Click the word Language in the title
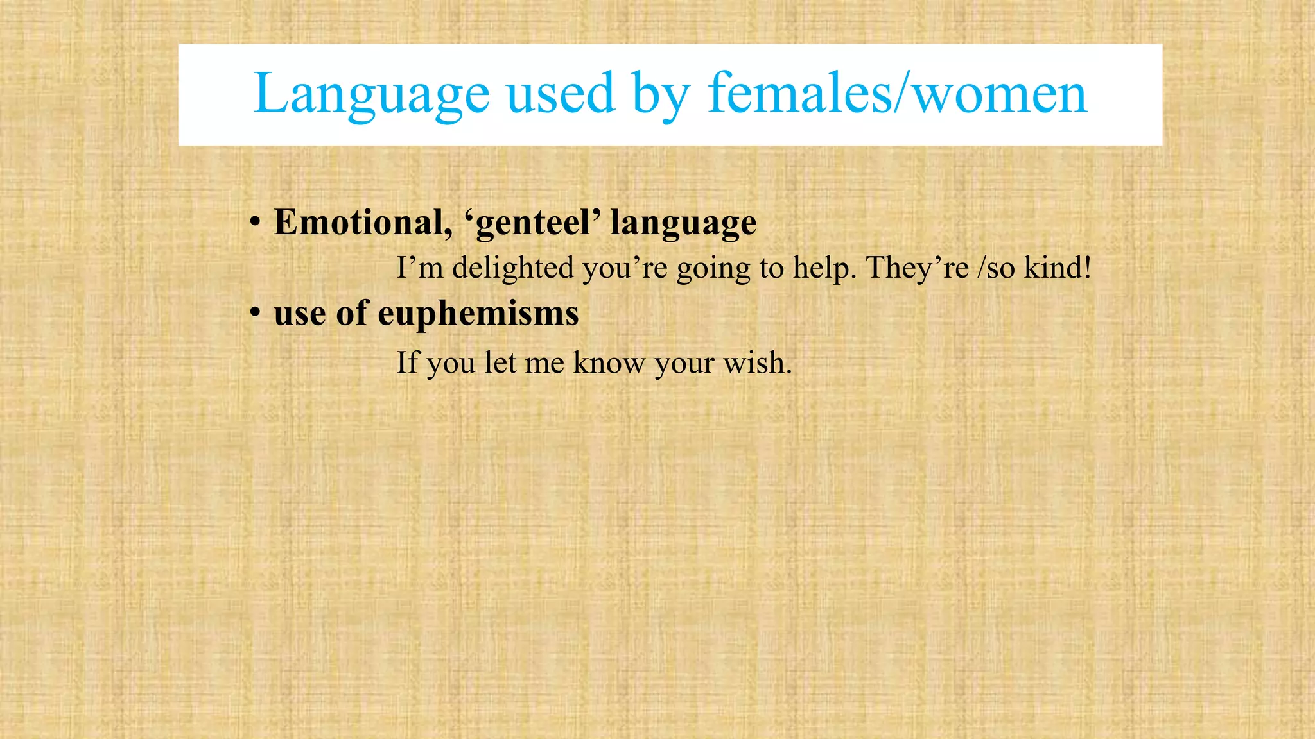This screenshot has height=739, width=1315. click(371, 94)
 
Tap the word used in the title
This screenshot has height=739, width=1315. click(560, 93)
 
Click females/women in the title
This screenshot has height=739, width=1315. click(897, 93)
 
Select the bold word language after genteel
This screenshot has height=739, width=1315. click(683, 224)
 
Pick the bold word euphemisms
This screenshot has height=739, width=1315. click(478, 315)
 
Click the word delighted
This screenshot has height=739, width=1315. click(513, 268)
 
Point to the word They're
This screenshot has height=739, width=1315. click(918, 268)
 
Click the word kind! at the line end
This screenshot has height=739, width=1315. click(1058, 268)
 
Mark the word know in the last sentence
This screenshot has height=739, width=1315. click(609, 362)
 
